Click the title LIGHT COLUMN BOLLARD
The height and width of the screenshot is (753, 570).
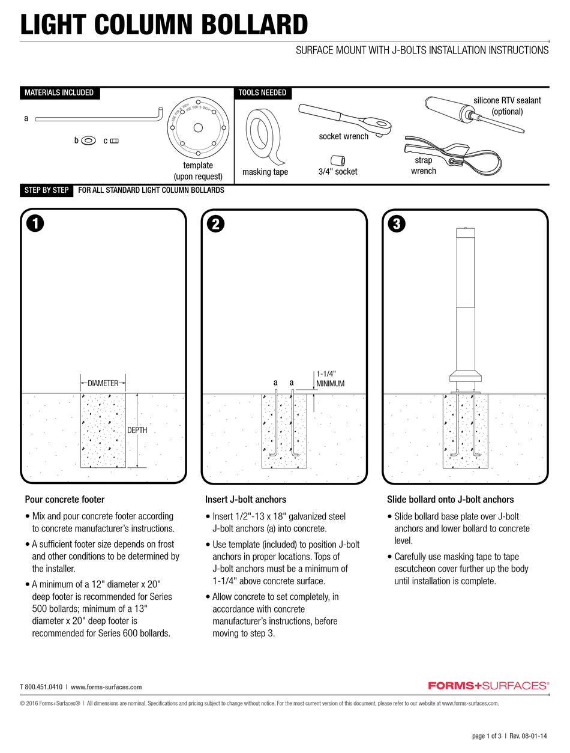pyautogui.click(x=164, y=25)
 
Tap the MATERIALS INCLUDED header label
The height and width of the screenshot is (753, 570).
pyautogui.click(x=59, y=92)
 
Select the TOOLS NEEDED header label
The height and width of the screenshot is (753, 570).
pyautogui.click(x=262, y=92)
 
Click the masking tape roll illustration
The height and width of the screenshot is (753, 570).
pyautogui.click(x=265, y=136)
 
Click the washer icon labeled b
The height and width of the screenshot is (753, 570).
pyautogui.click(x=88, y=141)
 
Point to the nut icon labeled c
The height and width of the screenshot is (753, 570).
pyautogui.click(x=115, y=141)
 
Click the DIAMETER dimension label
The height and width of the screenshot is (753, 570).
pyautogui.click(x=103, y=383)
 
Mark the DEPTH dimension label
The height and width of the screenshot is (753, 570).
pyautogui.click(x=136, y=430)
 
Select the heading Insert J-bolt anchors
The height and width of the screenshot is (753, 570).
pyautogui.click(x=245, y=499)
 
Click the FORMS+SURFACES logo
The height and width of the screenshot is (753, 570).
pyautogui.click(x=488, y=685)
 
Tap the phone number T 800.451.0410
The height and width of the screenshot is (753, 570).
pyautogui.click(x=41, y=687)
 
